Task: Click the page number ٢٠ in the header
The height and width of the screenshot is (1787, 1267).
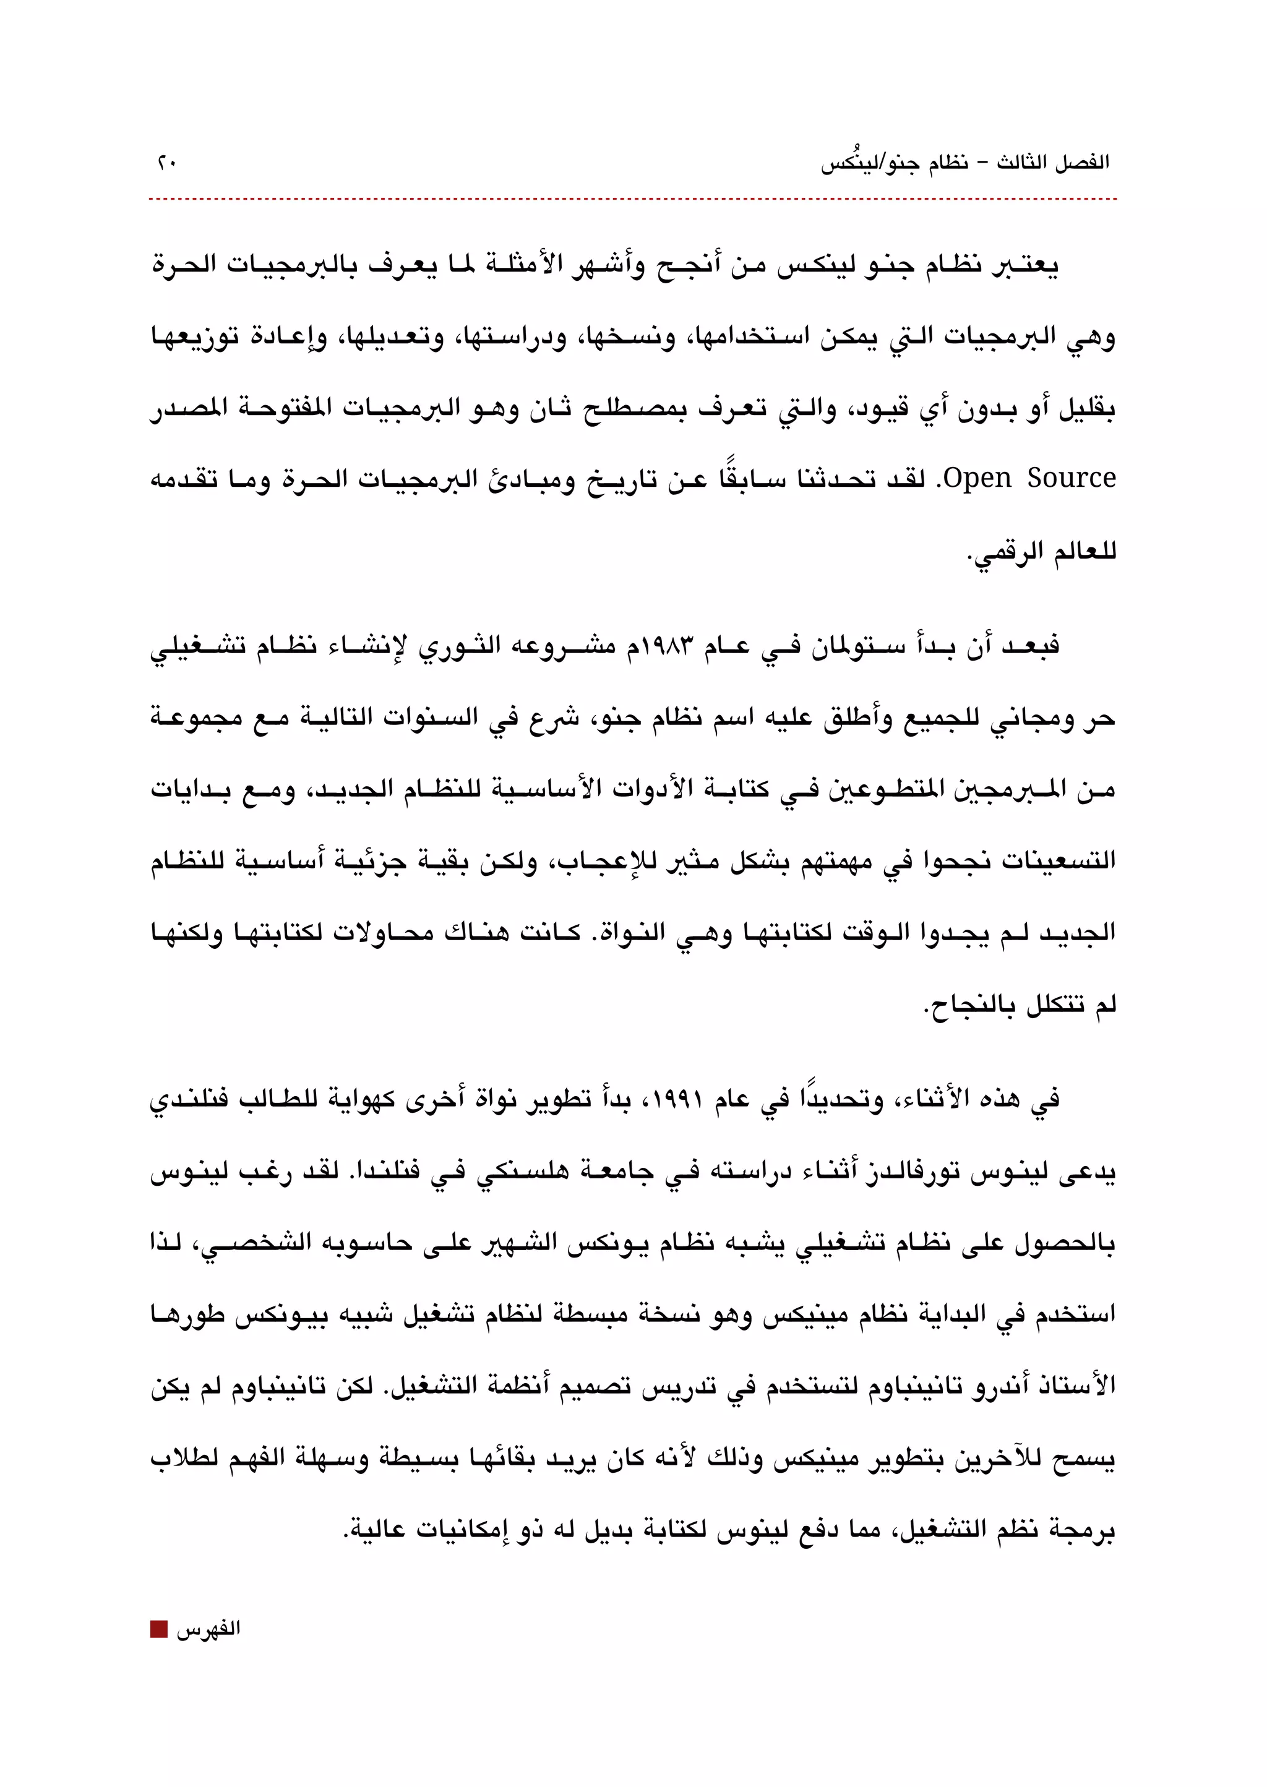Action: click(x=167, y=163)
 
